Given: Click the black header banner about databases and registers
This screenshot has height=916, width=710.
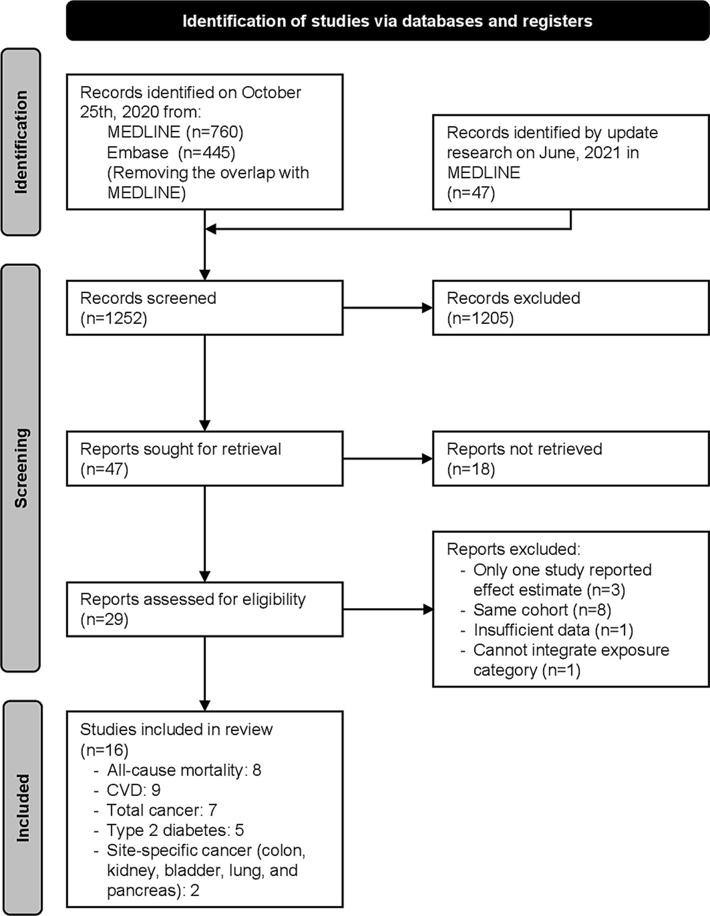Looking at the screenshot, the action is pos(388,21).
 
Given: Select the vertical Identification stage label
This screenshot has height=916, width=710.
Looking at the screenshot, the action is pos(21,142).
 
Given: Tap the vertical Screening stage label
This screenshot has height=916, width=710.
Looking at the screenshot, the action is pos(21,468).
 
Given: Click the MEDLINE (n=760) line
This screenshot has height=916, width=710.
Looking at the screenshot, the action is pos(176,132).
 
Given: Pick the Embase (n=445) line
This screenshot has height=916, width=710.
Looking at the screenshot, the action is pos(171,153).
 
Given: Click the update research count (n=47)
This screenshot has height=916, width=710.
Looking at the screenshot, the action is pos(471,193).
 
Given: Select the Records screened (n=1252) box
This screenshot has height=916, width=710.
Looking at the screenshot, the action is pos(205,308).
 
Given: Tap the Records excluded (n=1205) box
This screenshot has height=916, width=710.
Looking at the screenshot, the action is pos(571,308).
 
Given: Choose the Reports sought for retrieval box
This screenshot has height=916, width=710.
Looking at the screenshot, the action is pos(205,459).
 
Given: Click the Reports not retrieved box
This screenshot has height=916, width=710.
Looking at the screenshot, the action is pos(571,459).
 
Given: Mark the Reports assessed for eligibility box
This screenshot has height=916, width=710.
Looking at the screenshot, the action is pos(205,609).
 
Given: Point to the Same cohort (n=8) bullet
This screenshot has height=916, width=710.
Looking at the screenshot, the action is pos(536,610).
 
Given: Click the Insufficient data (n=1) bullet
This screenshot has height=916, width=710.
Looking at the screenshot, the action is pos(547,630).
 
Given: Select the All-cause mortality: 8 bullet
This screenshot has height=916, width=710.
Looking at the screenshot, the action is pos(178,770).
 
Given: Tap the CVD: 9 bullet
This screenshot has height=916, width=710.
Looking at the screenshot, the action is pos(127,790).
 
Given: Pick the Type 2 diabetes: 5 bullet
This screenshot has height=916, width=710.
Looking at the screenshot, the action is pos(169,830).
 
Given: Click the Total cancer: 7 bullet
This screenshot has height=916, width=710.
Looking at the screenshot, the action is pos(156,810).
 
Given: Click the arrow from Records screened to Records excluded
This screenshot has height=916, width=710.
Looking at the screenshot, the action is pos(388,308).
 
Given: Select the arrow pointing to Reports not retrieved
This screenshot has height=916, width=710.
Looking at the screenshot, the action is pos(388,459).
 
